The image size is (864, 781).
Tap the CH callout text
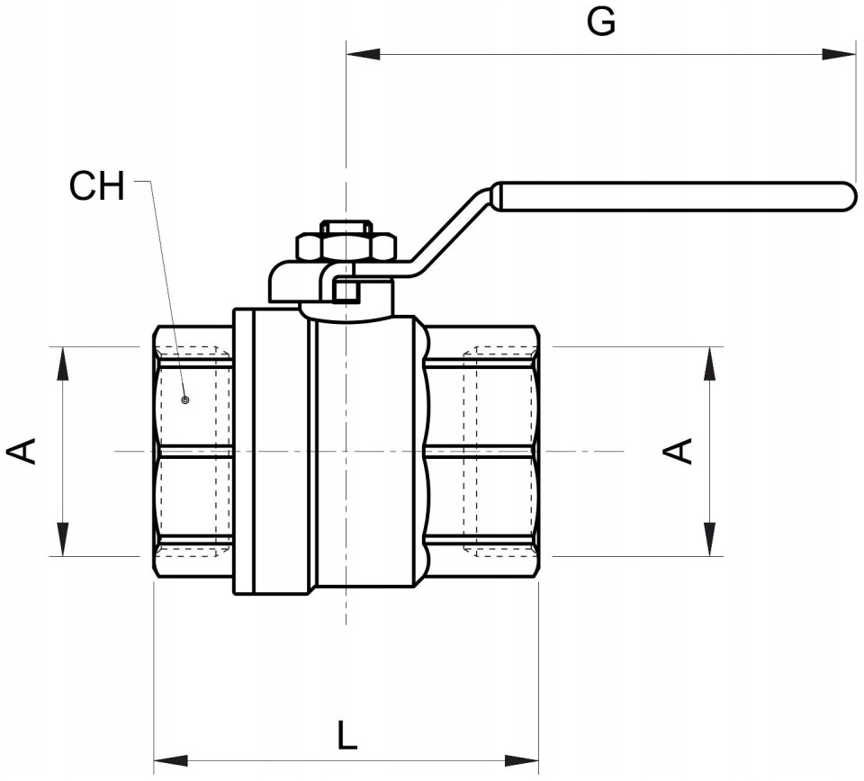coord(97,186)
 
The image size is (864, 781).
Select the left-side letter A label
coord(22,451)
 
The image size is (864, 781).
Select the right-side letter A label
coord(677,451)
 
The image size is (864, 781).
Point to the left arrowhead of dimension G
coord(364,55)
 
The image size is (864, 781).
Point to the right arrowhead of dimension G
coord(839,55)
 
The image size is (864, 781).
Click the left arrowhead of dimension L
coord(171,760)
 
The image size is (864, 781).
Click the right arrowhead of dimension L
coord(521,760)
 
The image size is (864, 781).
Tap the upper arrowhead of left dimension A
coord(63,364)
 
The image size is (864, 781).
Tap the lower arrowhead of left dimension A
coord(63,539)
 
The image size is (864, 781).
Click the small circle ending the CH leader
coord(185,399)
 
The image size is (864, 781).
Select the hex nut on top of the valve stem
coord(346,247)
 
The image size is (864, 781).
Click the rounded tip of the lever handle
coord(851,197)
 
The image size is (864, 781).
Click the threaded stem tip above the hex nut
coord(346,227)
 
